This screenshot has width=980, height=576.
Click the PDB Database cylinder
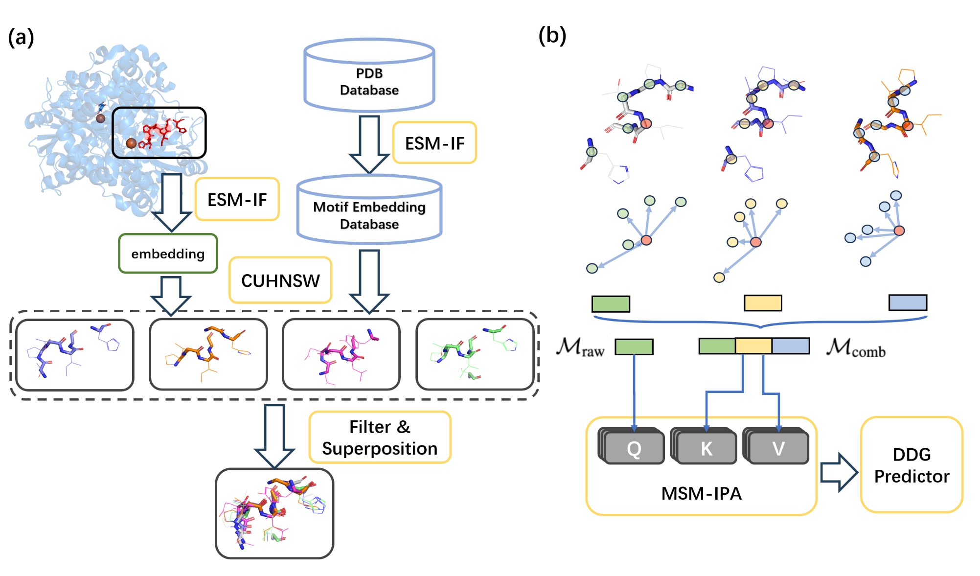point(369,78)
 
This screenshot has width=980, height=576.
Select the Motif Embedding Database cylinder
point(369,213)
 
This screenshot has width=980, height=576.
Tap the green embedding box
point(168,253)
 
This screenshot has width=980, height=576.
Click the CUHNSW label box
point(280,280)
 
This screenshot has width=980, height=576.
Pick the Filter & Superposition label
point(380,438)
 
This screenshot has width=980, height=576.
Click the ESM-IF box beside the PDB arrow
point(434,143)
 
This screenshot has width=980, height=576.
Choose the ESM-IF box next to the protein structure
point(237,199)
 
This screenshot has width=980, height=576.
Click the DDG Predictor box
point(911,465)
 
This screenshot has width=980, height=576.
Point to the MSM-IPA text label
point(701,493)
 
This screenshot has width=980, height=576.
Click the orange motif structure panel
point(208,354)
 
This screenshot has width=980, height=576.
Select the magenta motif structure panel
point(342,354)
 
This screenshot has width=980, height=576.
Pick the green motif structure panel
point(475,354)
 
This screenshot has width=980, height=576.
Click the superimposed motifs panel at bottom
point(274,513)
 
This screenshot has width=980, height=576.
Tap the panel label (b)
point(552,36)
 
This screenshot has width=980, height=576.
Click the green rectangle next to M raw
point(634,347)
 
